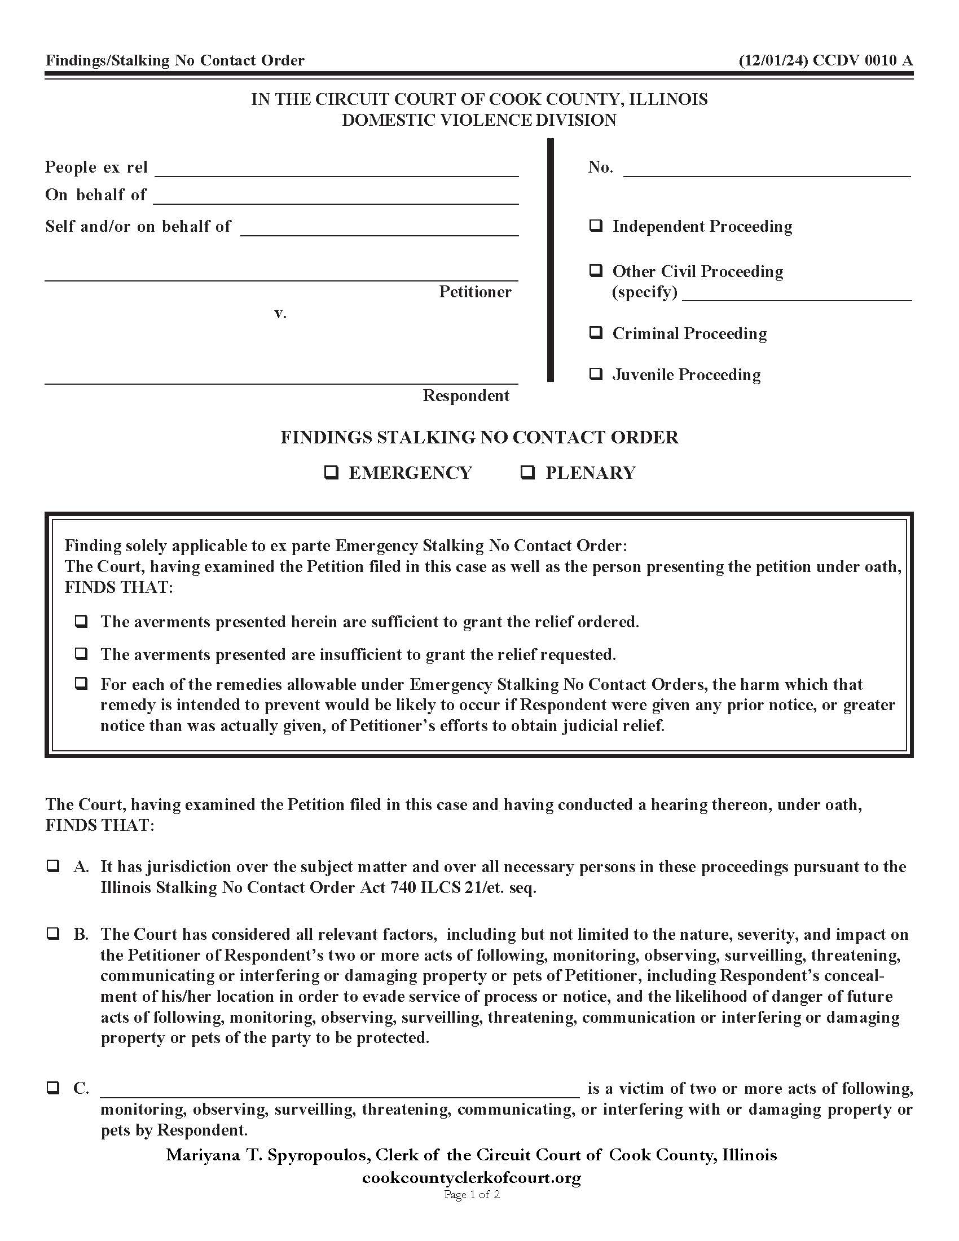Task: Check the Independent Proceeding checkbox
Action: pyautogui.click(x=595, y=226)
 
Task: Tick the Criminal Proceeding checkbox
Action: pyautogui.click(x=595, y=332)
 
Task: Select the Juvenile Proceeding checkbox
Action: pyautogui.click(x=595, y=374)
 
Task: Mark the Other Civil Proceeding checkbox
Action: pyautogui.click(x=595, y=270)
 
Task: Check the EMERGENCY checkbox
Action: pyautogui.click(x=331, y=472)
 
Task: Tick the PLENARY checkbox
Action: pyautogui.click(x=528, y=472)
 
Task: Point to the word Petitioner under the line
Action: pyautogui.click(x=475, y=292)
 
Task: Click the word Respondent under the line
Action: pyautogui.click(x=466, y=395)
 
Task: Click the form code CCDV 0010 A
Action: pyautogui.click(x=863, y=60)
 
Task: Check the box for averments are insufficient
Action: pyautogui.click(x=81, y=654)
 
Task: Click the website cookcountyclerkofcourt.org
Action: pyautogui.click(x=472, y=1177)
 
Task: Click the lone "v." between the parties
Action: pyautogui.click(x=281, y=313)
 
